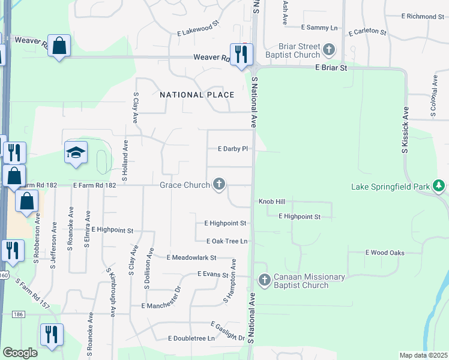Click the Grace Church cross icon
pos(219,184)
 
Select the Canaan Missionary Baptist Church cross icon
pos(265,280)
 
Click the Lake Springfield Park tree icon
pos(439,186)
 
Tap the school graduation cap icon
pos(76,153)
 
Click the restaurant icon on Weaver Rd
pos(241,55)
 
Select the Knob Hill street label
pos(272,202)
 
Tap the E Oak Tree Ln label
pos(227,241)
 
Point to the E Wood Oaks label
pos(385,253)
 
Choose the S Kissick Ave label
pos(405,130)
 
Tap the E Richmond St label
pos(424,16)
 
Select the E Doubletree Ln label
pos(191,338)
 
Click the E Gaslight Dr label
pos(228,331)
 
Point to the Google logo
pos(20,353)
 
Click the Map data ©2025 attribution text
pos(423,355)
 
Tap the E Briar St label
pos(331,68)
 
